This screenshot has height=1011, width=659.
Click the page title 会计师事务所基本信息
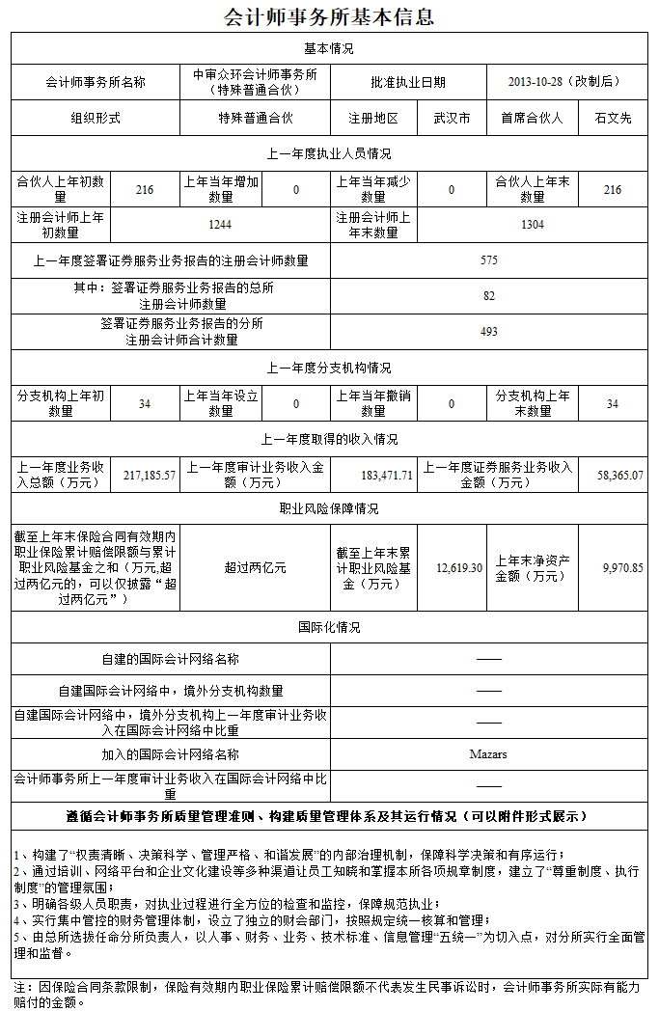(329, 16)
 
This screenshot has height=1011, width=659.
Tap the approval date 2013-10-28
(564, 82)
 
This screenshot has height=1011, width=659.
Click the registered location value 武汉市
(452, 118)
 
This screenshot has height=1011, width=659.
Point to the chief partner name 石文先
(613, 118)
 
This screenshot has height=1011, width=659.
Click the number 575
(489, 260)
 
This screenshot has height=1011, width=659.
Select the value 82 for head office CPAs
(489, 296)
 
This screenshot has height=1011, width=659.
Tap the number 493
(489, 331)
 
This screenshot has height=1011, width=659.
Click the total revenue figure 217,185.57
(150, 475)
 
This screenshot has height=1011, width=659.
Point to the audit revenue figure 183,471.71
(387, 475)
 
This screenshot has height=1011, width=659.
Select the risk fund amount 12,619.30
(459, 568)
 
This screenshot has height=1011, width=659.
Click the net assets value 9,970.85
(622, 568)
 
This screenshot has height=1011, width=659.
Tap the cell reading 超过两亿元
(255, 568)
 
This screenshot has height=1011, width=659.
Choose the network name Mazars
(488, 754)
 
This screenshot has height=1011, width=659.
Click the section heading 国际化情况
(329, 628)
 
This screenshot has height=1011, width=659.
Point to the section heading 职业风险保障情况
(329, 509)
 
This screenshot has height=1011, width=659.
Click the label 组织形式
(96, 118)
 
